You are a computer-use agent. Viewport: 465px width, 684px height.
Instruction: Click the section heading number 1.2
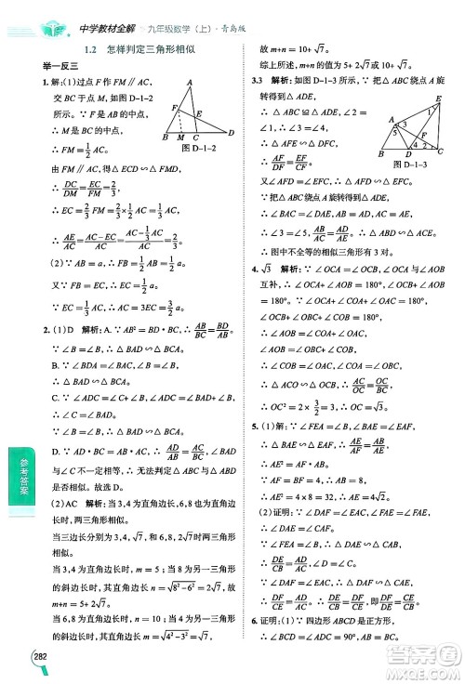tap(92, 52)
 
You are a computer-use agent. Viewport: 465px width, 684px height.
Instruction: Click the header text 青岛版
tap(234, 29)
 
